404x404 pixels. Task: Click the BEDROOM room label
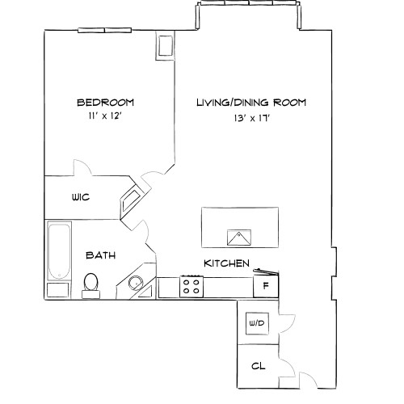(105, 103)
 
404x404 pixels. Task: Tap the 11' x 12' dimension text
(105, 116)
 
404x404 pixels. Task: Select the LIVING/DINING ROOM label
(251, 103)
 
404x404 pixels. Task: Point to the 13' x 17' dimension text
(251, 118)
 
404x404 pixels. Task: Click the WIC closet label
(80, 196)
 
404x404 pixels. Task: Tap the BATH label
(101, 255)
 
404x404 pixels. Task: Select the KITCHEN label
(225, 263)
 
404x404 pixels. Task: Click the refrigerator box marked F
(265, 286)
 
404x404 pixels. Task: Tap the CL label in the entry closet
(258, 366)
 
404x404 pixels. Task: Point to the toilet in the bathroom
(90, 284)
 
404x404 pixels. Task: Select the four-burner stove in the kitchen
(192, 286)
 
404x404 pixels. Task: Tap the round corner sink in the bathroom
(136, 283)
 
